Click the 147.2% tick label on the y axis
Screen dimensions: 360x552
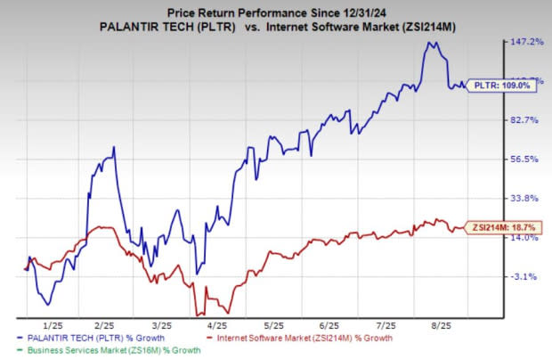(525, 42)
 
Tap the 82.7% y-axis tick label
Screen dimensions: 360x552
(525, 120)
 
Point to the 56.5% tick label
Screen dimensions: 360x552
(525, 160)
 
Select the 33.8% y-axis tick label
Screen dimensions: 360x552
(525, 198)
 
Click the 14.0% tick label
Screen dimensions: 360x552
(525, 237)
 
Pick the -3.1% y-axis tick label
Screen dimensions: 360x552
(525, 276)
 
